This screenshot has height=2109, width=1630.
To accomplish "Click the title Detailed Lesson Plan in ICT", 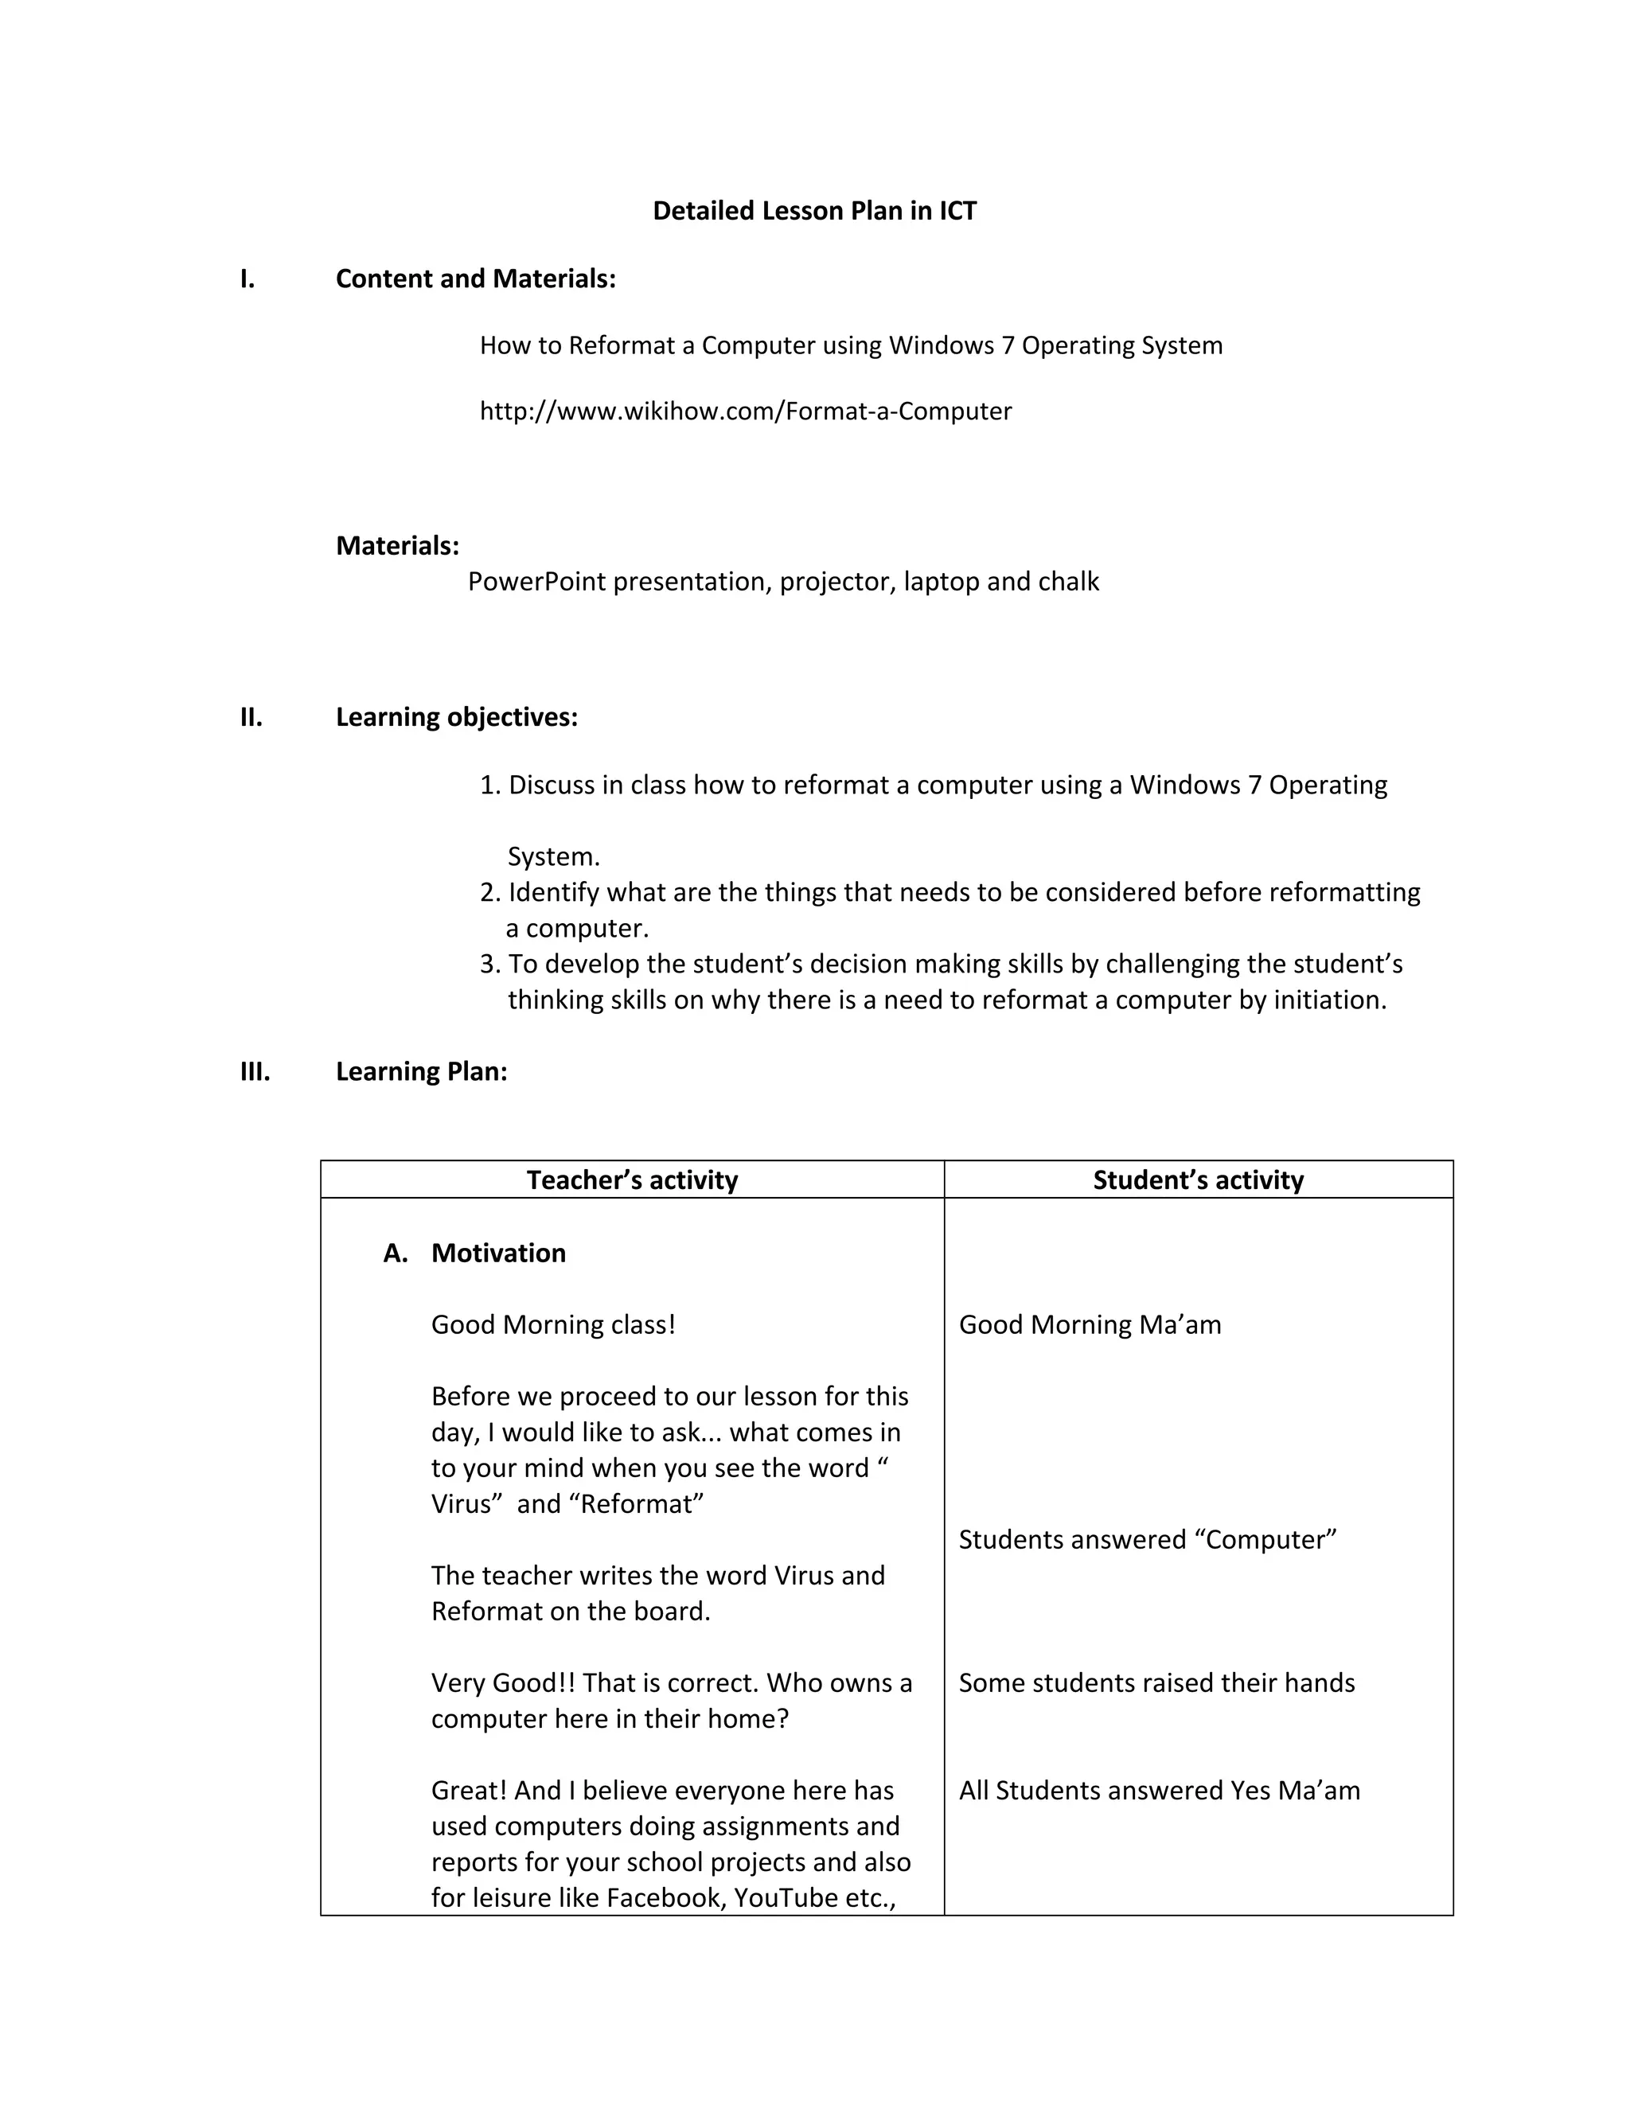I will pyautogui.click(x=814, y=211).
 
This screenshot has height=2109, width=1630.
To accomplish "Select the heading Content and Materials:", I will pyautogui.click(x=475, y=279).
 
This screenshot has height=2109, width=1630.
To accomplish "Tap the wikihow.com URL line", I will pyautogui.click(x=746, y=411).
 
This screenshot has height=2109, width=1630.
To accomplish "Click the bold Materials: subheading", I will pyautogui.click(x=397, y=546).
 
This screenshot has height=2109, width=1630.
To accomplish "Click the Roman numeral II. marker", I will pyautogui.click(x=251, y=718).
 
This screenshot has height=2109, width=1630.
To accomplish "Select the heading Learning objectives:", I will pyautogui.click(x=457, y=718).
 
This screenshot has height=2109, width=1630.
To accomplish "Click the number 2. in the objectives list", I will pyautogui.click(x=489, y=892).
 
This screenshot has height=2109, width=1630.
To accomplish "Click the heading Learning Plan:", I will pyautogui.click(x=421, y=1072).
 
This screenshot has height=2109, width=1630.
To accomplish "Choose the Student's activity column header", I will pyautogui.click(x=1197, y=1180).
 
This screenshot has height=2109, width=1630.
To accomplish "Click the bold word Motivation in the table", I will pyautogui.click(x=498, y=1253).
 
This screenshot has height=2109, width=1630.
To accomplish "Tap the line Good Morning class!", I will pyautogui.click(x=553, y=1325).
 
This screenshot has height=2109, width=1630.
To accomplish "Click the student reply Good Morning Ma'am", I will pyautogui.click(x=1090, y=1325).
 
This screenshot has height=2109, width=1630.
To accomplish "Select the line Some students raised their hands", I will pyautogui.click(x=1156, y=1683).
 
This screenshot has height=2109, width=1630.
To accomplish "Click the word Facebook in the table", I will pyautogui.click(x=666, y=1898).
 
